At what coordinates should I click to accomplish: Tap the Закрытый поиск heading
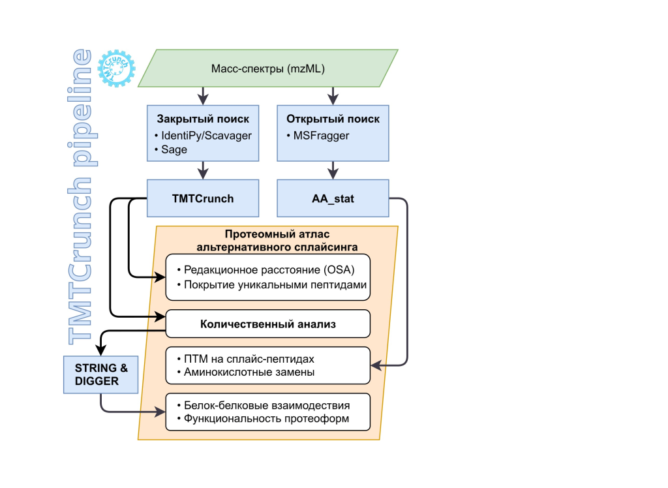[203, 119]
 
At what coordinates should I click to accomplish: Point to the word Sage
[174, 149]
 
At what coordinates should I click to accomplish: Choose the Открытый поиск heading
[333, 119]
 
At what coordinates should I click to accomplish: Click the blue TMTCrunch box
[203, 198]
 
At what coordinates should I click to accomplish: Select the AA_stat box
[333, 198]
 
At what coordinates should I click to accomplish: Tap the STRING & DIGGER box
[101, 374]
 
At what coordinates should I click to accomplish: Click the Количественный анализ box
[268, 323]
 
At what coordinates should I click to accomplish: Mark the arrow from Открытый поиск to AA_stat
[333, 170]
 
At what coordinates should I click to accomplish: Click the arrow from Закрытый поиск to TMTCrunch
[203, 170]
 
